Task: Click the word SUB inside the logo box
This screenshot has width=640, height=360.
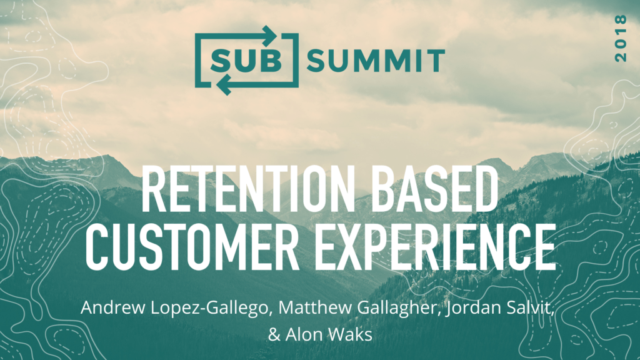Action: [x=246, y=61]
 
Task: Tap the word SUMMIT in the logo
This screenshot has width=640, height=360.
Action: [x=375, y=61]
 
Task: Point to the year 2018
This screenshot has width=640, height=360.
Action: [x=620, y=38]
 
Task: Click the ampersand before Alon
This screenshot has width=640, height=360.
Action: [x=274, y=335]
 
